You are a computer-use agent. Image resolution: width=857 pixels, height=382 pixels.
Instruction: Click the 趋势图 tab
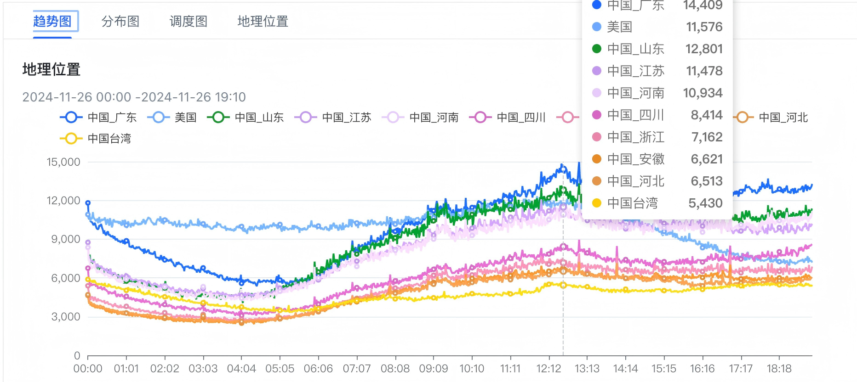tap(52, 21)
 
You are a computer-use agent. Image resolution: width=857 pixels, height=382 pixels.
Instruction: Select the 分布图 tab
tap(120, 21)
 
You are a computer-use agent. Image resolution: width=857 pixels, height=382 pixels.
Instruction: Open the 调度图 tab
tap(188, 21)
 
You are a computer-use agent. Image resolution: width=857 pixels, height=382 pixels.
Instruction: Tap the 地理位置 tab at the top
tap(263, 21)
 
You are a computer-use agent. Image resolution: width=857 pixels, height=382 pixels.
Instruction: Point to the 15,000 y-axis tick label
tap(63, 162)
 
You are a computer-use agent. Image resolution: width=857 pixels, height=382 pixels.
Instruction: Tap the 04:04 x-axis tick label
tap(241, 369)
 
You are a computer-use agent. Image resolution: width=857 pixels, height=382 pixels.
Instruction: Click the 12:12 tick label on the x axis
tap(548, 369)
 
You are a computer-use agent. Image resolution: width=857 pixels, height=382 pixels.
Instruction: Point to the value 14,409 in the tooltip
tap(703, 6)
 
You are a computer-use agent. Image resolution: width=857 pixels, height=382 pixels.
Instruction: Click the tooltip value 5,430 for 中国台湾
tap(705, 203)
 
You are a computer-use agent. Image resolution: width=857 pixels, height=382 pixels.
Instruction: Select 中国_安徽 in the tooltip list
tap(635, 159)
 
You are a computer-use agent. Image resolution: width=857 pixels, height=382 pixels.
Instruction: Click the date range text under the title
tap(134, 97)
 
